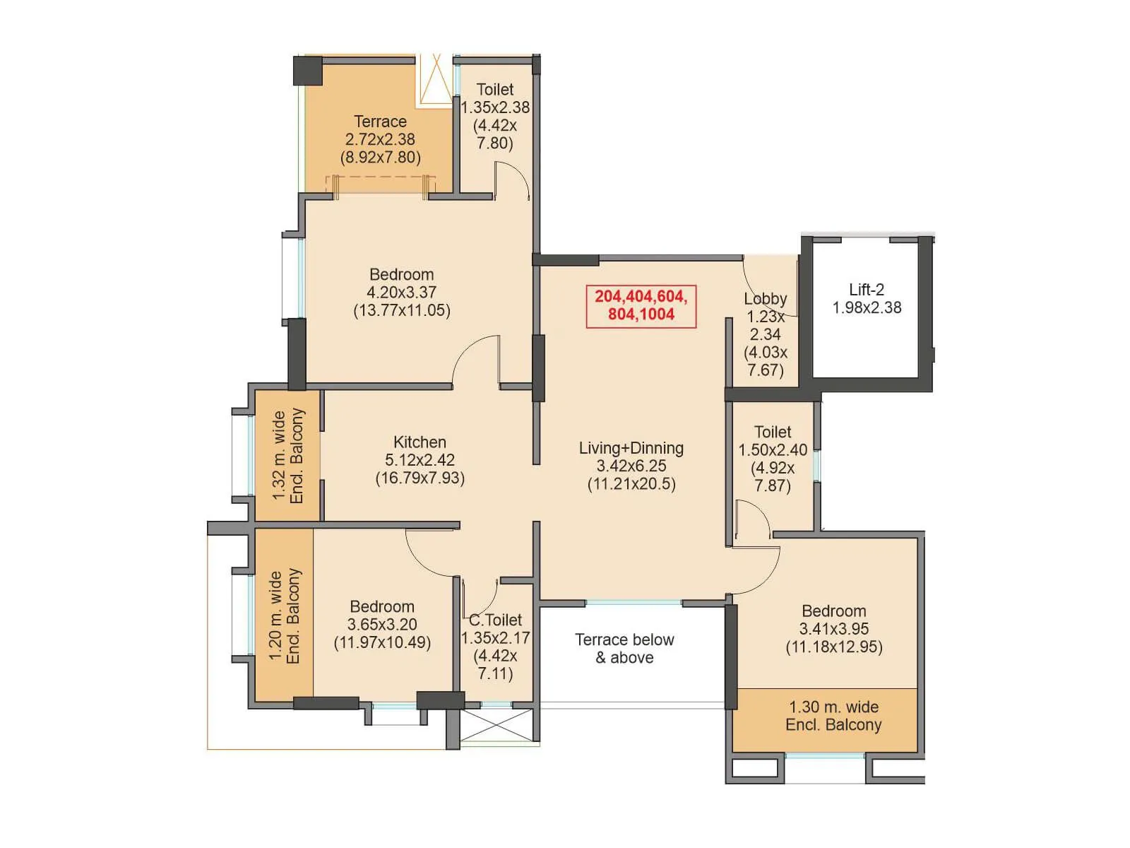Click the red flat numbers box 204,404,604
641,306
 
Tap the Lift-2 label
867,290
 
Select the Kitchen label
420,442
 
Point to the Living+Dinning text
631,448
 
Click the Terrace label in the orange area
380,122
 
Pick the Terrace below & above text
624,649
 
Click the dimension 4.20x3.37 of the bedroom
401,293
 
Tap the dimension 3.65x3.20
381,625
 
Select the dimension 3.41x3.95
834,629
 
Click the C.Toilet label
496,620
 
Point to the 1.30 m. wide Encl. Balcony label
833,716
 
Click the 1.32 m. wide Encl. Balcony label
288,457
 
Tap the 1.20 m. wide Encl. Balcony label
285,616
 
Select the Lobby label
765,299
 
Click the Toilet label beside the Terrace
495,90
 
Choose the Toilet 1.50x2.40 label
773,432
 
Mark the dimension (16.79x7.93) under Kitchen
420,478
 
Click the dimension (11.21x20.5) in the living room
631,484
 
